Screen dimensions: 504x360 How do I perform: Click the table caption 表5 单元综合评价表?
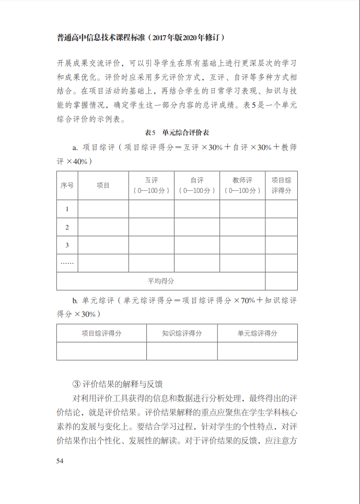[177, 132]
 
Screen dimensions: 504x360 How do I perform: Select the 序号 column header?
[67, 185]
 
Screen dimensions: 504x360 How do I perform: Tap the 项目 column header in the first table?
[103, 185]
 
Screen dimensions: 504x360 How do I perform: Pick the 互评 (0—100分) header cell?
[152, 185]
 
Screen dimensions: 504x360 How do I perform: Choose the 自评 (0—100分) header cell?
[197, 185]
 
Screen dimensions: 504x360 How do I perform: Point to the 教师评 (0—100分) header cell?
[242, 185]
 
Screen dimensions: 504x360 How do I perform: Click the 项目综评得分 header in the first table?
[281, 185]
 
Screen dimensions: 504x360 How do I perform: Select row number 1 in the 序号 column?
[67, 209]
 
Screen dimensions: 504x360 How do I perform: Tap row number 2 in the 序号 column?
[67, 227]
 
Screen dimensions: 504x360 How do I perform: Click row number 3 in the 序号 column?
[67, 245]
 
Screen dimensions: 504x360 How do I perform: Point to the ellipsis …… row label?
[67, 263]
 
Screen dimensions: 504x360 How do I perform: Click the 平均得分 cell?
[161, 281]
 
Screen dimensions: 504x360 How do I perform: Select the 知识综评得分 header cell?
[182, 333]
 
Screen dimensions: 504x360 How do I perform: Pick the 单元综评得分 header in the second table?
[257, 333]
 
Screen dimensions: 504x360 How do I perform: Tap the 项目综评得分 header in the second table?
[101, 333]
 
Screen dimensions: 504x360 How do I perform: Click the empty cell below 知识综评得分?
[182, 351]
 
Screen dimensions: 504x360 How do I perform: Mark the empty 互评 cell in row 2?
[152, 227]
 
